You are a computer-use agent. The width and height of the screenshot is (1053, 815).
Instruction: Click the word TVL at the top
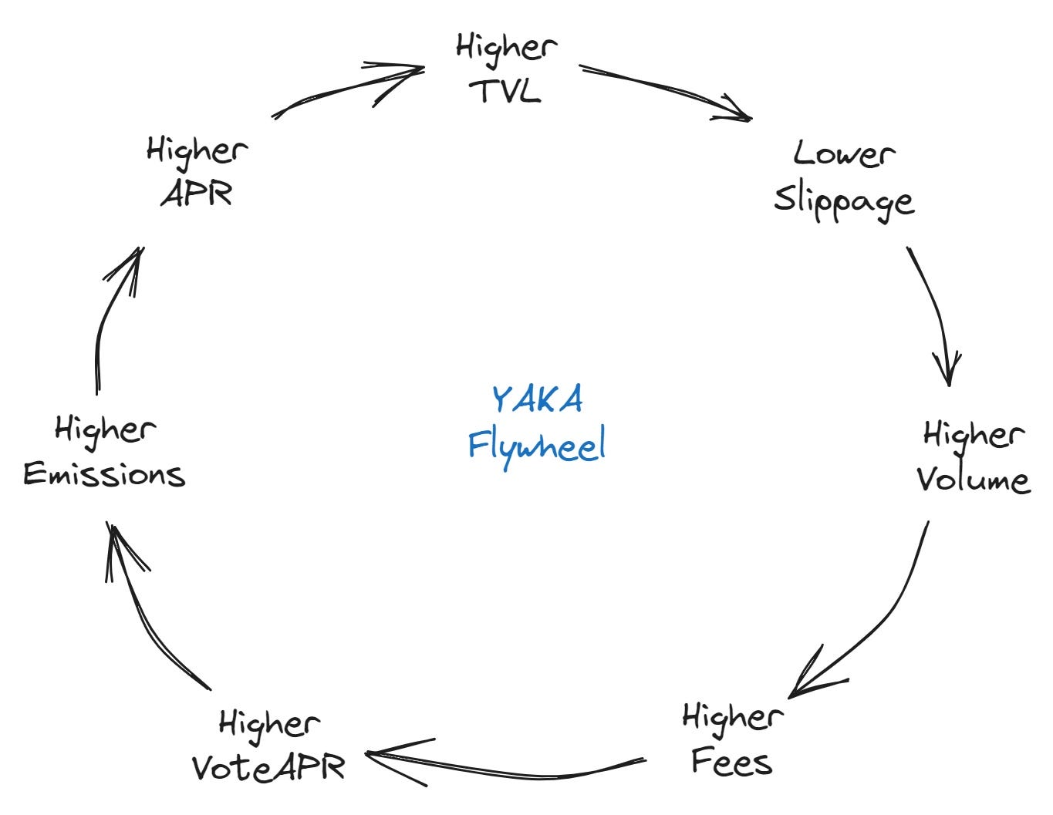point(506,91)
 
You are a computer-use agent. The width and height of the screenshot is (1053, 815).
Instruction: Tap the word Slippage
point(844,200)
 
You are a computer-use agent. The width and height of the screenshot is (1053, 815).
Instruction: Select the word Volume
point(973,480)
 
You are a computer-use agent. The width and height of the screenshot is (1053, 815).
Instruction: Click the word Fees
point(731,762)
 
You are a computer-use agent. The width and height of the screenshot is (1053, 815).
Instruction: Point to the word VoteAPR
point(268,767)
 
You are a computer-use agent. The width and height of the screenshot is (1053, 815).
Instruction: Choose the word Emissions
point(104,474)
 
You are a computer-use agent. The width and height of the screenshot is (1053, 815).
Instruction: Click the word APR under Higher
point(197,193)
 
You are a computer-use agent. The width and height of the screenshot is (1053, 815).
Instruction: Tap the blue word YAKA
point(537,399)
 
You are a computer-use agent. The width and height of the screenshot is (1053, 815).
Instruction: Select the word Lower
point(844,153)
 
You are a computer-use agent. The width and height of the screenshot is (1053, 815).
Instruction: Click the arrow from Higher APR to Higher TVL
point(347,89)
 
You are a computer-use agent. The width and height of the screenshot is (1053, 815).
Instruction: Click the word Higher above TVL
point(506,46)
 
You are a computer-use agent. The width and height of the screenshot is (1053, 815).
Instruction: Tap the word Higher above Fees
point(732,717)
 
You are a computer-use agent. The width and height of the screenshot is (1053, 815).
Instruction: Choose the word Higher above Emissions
point(105,429)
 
